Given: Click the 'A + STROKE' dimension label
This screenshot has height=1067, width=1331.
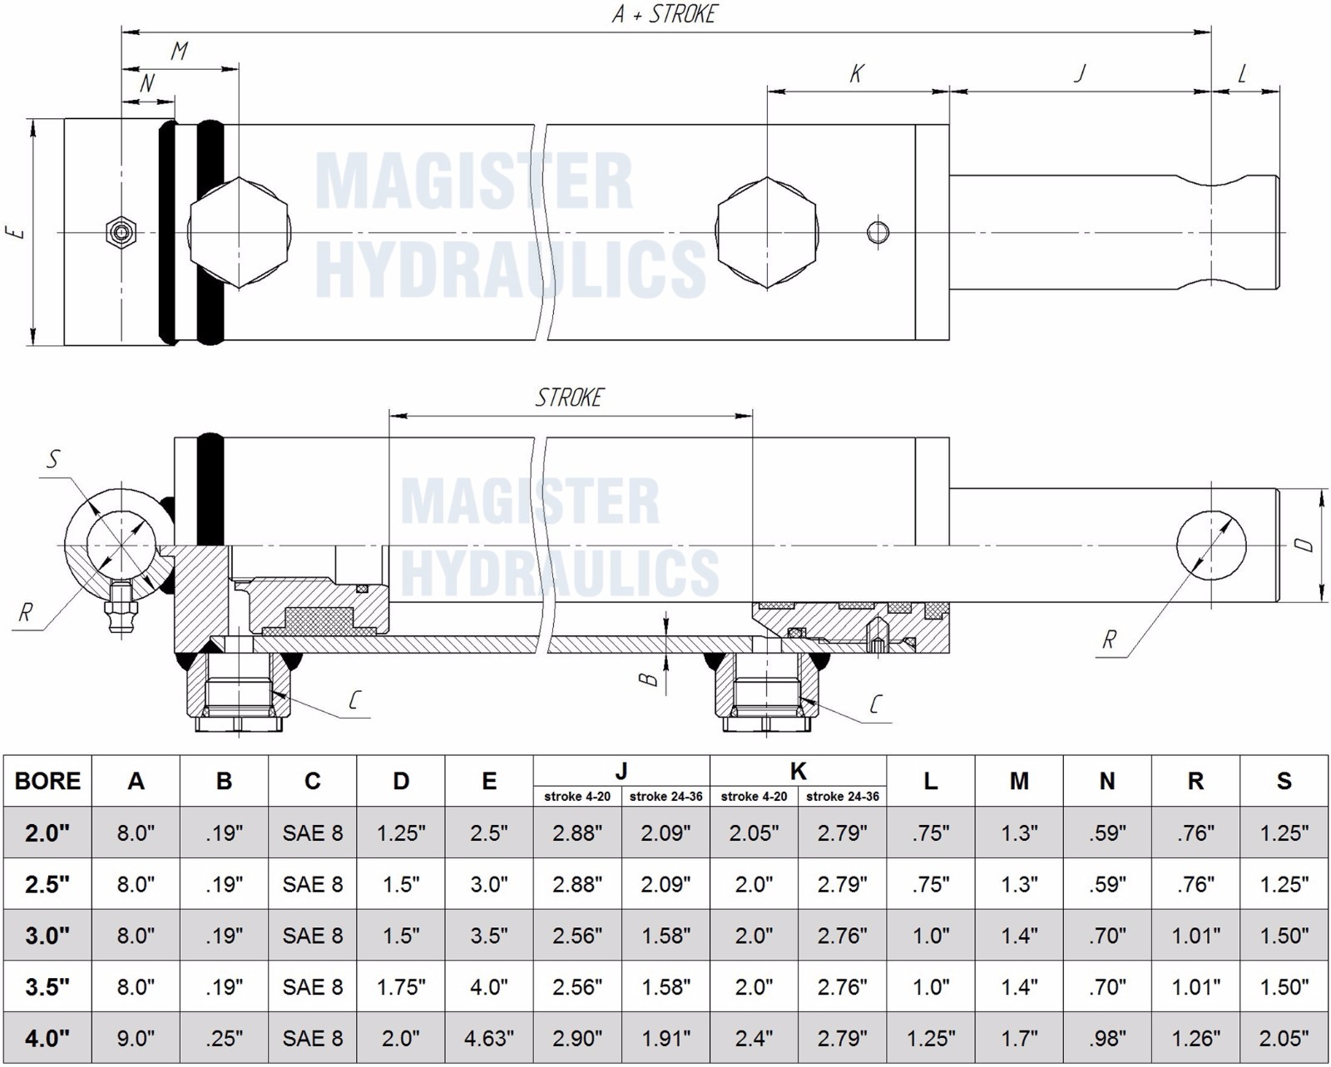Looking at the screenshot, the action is point(664,13).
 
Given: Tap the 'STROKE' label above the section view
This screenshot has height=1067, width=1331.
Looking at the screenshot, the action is point(568,398).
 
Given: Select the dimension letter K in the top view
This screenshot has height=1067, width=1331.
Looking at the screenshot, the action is point(856,74).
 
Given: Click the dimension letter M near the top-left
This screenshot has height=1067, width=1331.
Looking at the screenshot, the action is point(179,51).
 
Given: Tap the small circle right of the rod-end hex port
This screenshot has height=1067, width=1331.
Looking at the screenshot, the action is point(878,233).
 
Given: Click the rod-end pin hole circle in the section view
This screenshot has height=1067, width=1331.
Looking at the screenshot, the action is point(1211,546).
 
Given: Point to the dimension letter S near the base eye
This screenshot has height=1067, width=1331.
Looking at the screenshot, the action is point(54,459).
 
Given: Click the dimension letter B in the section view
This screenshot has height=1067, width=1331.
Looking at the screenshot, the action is point(647,679).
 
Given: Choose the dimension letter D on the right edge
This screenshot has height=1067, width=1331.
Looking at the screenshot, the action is point(1304,545).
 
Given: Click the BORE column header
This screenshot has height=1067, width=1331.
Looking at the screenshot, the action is point(47,781).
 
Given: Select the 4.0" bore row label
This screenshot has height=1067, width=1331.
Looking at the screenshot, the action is point(47,1038).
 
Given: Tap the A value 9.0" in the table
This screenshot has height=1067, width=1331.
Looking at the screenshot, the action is point(136,1038).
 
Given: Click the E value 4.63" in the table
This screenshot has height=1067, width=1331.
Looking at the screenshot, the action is point(489,1038).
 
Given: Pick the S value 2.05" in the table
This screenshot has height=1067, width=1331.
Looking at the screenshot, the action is point(1284,1038).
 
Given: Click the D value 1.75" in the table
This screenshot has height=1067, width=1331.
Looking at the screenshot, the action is point(401,986).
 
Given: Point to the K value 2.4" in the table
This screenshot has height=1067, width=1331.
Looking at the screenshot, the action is point(754,1038).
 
